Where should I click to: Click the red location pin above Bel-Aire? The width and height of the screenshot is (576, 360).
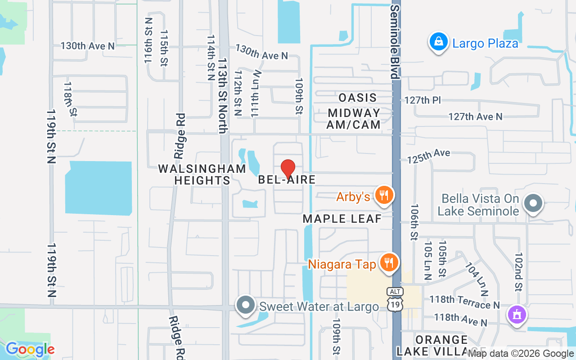(288, 169)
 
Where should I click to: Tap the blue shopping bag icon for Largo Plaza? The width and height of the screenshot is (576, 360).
(438, 42)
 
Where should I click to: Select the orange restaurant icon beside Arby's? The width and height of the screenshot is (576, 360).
(384, 196)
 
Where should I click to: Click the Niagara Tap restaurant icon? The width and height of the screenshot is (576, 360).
(388, 263)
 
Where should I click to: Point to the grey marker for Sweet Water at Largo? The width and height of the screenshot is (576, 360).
(246, 305)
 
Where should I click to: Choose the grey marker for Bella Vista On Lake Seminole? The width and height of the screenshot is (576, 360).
(533, 203)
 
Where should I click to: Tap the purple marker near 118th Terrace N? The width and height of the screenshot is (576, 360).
(517, 314)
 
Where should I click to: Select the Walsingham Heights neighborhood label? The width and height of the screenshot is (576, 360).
(202, 175)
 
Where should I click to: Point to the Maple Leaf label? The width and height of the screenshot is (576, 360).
(342, 219)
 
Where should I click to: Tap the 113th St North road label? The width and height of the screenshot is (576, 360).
(223, 95)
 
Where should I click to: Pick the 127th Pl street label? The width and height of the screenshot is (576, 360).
(423, 100)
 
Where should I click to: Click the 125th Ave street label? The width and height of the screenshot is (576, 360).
(428, 156)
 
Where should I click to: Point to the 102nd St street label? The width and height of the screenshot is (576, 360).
(519, 271)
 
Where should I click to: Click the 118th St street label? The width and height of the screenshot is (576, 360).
(70, 99)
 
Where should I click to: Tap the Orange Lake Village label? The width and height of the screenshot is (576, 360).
(441, 345)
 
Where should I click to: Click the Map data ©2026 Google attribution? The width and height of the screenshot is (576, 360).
(521, 354)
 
